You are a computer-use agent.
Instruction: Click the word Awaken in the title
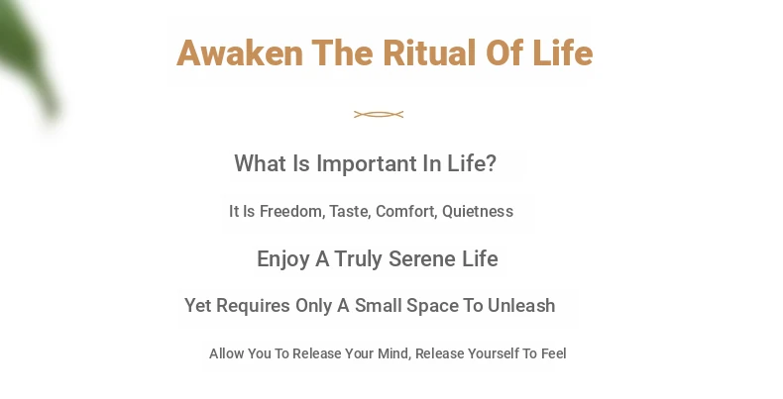coord(240,52)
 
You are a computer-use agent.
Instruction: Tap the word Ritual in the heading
coord(429,52)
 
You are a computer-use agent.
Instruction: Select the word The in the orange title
coord(343,52)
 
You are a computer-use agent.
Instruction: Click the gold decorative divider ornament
coord(379,115)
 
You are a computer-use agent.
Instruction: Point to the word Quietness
coord(478,212)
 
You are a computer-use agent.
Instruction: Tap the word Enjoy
coord(283,259)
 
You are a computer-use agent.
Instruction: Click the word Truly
coord(359,259)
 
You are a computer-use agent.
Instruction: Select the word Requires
coord(253,306)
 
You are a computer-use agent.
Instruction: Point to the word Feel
coord(554,353)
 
